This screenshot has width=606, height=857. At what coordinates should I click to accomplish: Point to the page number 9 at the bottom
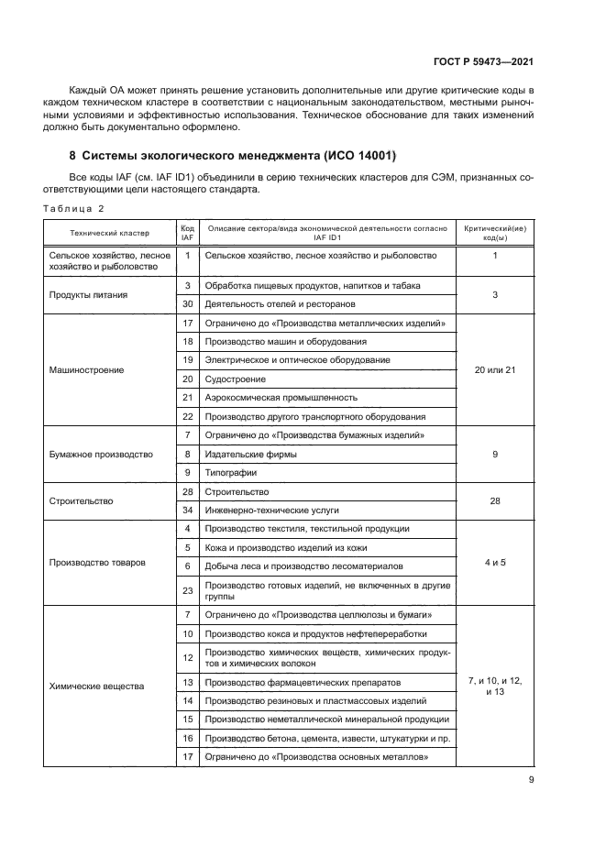[532, 780]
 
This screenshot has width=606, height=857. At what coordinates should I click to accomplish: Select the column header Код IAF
[187, 231]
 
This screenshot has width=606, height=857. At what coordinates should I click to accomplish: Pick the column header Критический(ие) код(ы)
[495, 231]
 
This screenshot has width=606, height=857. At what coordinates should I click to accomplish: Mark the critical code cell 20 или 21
[495, 370]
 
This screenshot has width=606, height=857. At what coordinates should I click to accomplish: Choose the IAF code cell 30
[187, 303]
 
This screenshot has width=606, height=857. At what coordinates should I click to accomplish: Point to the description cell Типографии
[231, 473]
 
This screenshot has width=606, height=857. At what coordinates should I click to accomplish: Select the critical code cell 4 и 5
[495, 562]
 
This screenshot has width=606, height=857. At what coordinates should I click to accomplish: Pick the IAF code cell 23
[187, 590]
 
